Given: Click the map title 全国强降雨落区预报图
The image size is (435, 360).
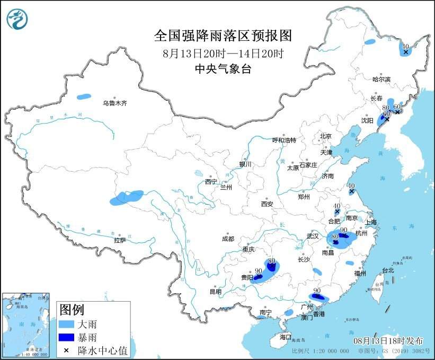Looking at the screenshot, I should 223,36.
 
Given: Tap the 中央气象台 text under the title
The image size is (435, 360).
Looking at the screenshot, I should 223,69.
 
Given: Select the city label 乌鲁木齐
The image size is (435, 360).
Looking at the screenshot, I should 114,103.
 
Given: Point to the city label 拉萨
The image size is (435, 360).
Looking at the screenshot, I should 120,240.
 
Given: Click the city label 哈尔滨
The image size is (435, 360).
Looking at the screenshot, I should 381,79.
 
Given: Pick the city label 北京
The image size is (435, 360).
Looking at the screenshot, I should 325,136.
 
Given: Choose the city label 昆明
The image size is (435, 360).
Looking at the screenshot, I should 215,291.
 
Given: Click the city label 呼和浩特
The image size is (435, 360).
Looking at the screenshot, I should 284,140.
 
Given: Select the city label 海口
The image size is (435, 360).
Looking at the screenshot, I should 286,337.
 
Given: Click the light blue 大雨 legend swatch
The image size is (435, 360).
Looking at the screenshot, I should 66,323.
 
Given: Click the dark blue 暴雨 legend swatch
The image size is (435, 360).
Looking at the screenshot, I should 66,337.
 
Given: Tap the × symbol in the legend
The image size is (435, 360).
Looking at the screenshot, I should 66,350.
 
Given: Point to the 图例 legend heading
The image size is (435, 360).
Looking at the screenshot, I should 72,309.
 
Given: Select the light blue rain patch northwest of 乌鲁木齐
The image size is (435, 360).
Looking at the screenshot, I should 83,97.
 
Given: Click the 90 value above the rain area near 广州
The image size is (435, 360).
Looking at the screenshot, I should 316,291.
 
